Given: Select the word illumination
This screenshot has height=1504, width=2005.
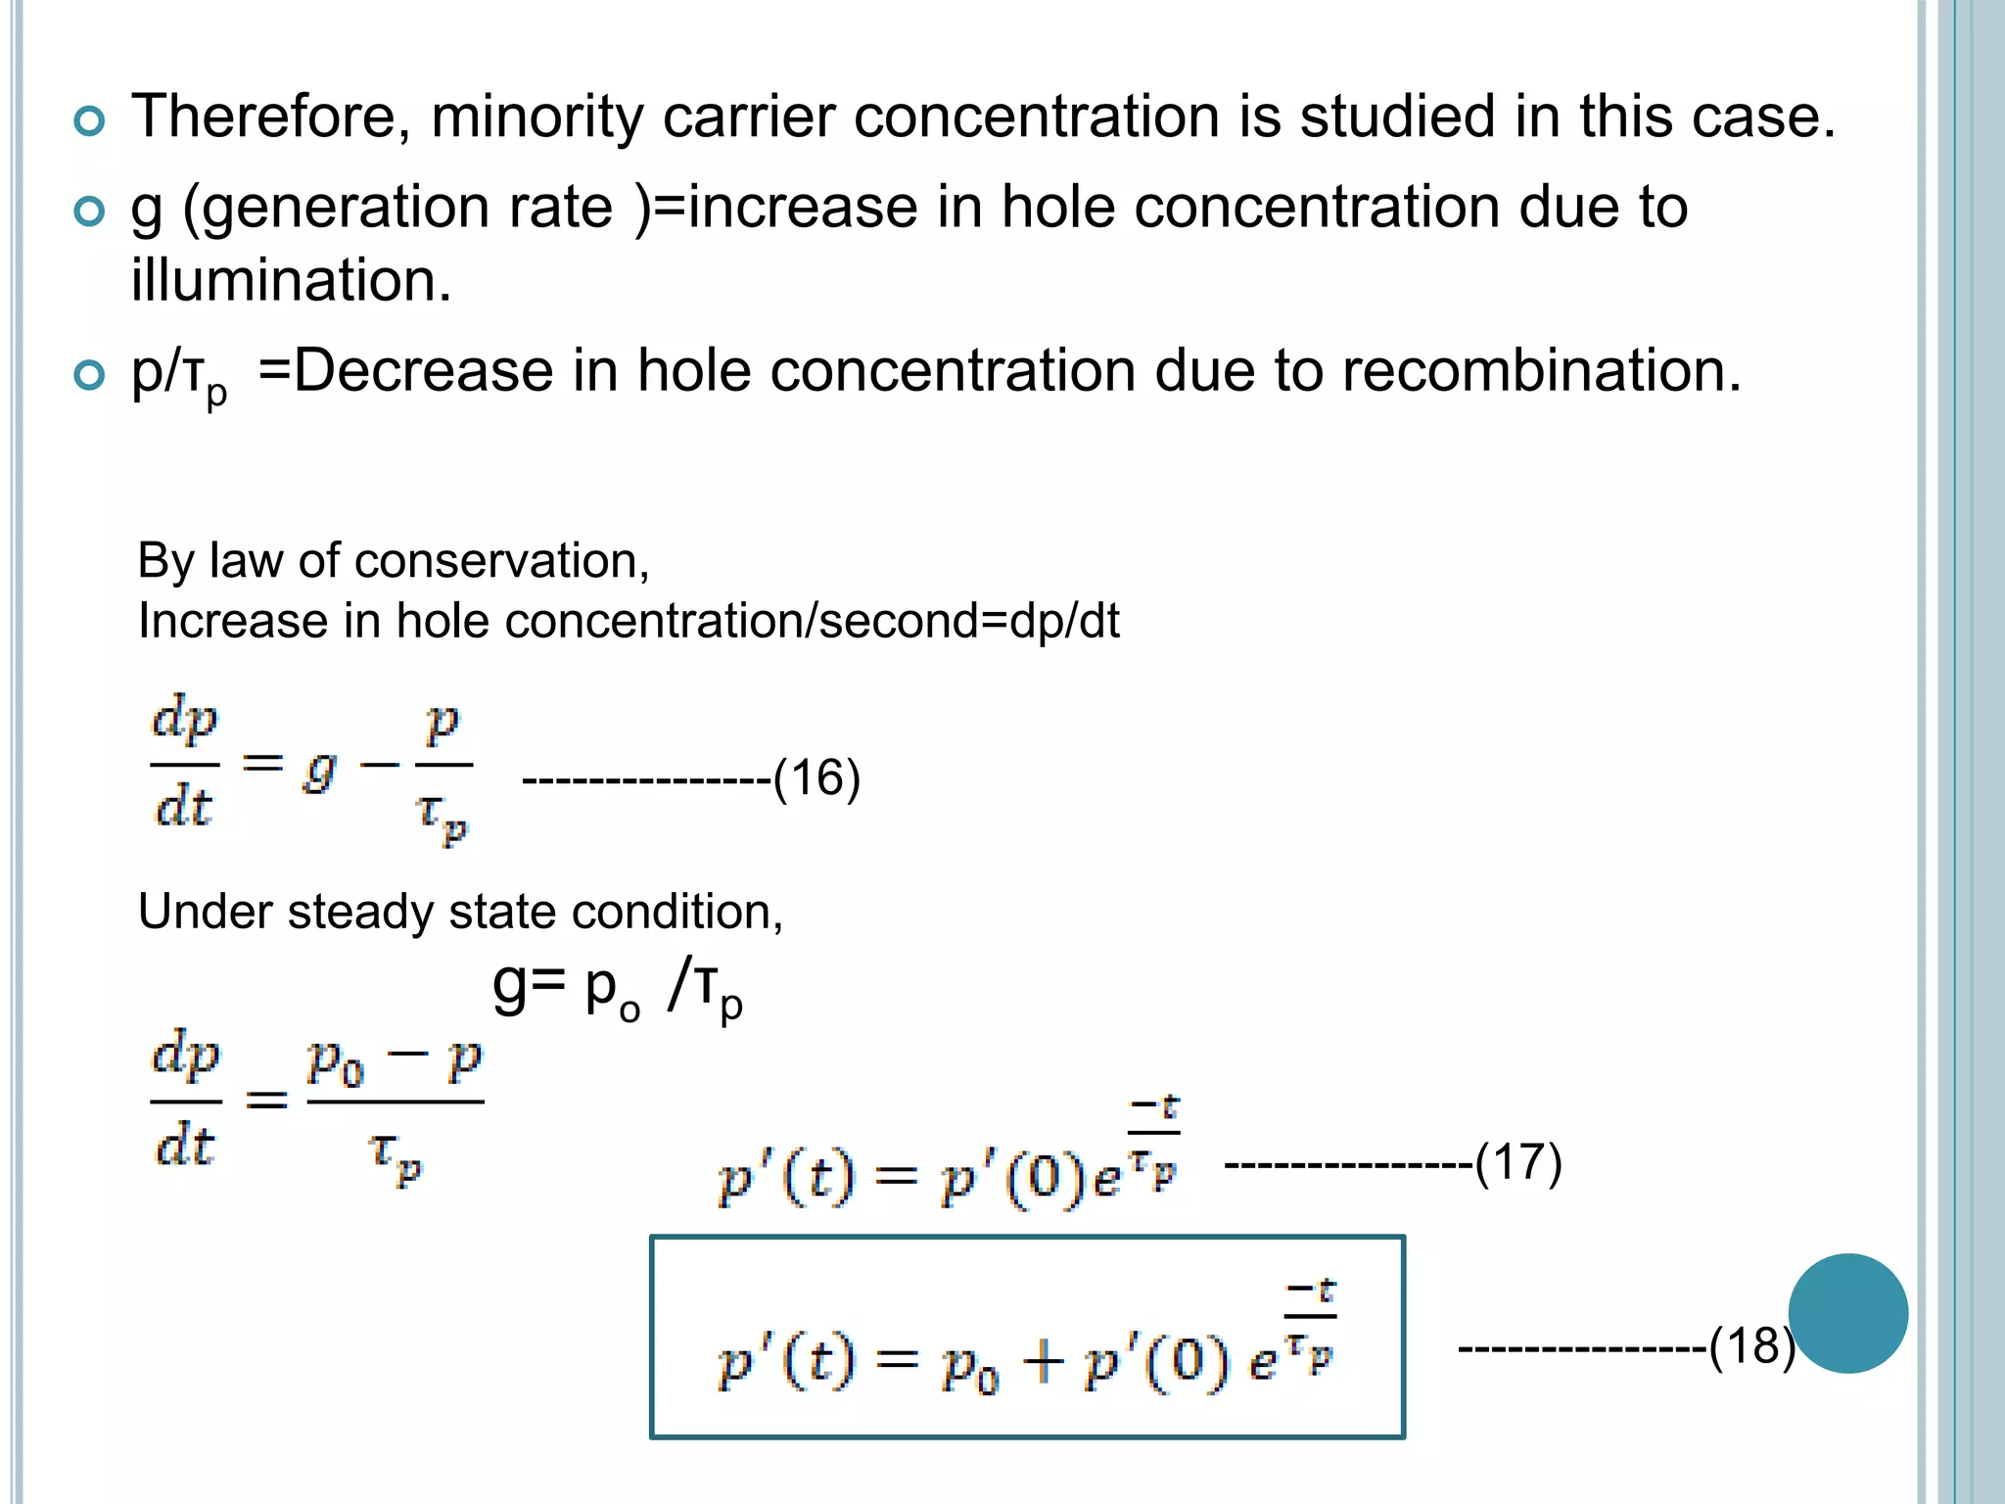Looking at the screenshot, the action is click(292, 281).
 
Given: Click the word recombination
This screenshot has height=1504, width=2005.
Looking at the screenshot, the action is click(1542, 371).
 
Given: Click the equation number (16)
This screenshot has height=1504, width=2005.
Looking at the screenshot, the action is click(816, 779).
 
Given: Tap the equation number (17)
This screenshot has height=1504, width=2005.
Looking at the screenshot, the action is click(1518, 1163).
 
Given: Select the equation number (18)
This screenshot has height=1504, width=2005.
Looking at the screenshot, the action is click(1751, 1346).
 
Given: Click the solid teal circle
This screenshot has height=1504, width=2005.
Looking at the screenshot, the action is click(1847, 1313).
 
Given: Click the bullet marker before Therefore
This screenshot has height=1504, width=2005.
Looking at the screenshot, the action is click(89, 121).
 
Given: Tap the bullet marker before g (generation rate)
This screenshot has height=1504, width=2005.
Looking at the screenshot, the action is click(89, 211).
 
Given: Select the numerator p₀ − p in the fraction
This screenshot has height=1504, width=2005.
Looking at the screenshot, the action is click(395, 1061).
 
